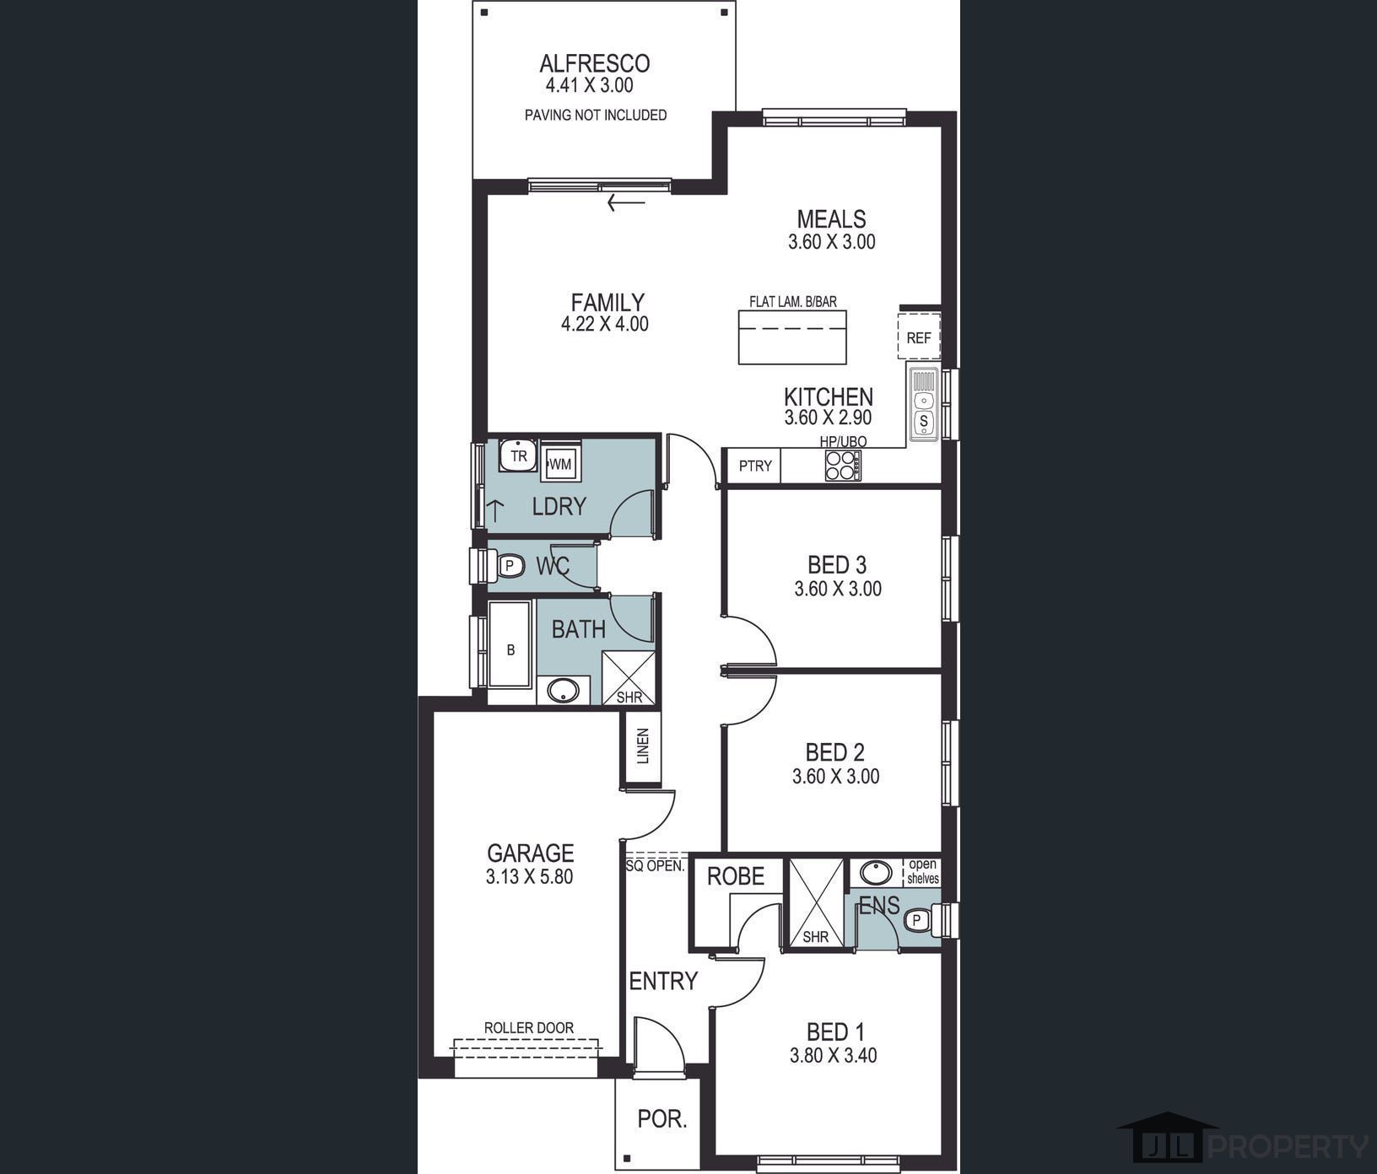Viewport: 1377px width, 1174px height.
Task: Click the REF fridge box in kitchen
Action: pos(918,337)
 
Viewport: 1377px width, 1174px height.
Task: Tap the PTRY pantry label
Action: pos(755,466)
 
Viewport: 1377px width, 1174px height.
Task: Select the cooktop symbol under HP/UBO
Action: pos(843,466)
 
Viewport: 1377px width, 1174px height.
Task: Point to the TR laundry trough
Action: pos(518,455)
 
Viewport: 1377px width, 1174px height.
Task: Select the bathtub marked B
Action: pos(510,650)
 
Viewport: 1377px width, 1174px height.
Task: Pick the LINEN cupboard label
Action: pos(643,746)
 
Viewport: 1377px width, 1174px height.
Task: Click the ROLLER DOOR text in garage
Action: pos(529,1027)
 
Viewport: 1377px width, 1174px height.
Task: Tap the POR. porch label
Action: pos(662,1119)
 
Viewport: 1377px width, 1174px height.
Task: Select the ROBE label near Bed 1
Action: pos(736,876)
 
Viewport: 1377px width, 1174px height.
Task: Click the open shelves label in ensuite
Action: pos(922,871)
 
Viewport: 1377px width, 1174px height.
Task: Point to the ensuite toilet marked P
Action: pos(918,920)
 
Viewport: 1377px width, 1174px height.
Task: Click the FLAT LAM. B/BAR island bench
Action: pos(792,337)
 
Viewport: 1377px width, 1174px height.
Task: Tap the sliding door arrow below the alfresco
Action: pos(625,202)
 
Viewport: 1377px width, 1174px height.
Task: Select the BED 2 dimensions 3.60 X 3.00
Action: pos(835,776)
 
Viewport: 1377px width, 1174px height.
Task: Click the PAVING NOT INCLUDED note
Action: pos(596,115)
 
